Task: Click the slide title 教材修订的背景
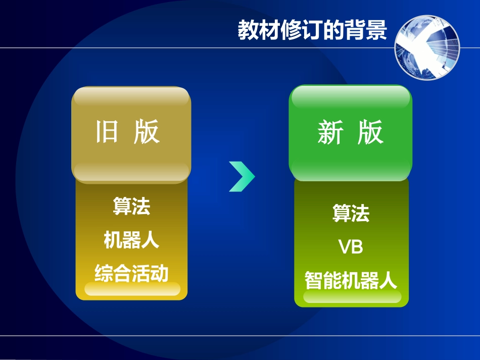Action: coord(312,29)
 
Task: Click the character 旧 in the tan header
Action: coord(107,132)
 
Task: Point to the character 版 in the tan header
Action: coord(147,132)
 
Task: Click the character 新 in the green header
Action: coord(330,133)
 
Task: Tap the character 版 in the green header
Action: coord(371,133)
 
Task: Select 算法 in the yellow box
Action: coord(131,206)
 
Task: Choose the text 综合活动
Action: coord(131,273)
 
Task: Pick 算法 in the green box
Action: coord(351,213)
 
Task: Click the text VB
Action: coord(351,247)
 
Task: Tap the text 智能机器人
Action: coord(351,280)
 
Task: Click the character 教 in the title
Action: coord(248,29)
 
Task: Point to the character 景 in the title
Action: coord(376,29)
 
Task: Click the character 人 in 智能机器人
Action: coord(388,280)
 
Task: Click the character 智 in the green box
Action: coord(314,280)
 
